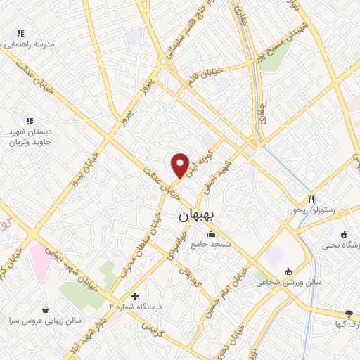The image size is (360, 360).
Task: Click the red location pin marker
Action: [181, 165]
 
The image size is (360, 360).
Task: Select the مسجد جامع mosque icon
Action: [210, 234]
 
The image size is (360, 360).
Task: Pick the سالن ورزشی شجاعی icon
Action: [288, 272]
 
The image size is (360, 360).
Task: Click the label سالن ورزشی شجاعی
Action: [278, 282]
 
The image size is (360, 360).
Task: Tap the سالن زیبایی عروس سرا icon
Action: [46, 309]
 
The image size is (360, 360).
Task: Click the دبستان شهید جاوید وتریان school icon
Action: [30, 120]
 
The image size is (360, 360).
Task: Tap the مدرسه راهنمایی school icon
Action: [20, 33]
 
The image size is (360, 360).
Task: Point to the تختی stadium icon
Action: [343, 235]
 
